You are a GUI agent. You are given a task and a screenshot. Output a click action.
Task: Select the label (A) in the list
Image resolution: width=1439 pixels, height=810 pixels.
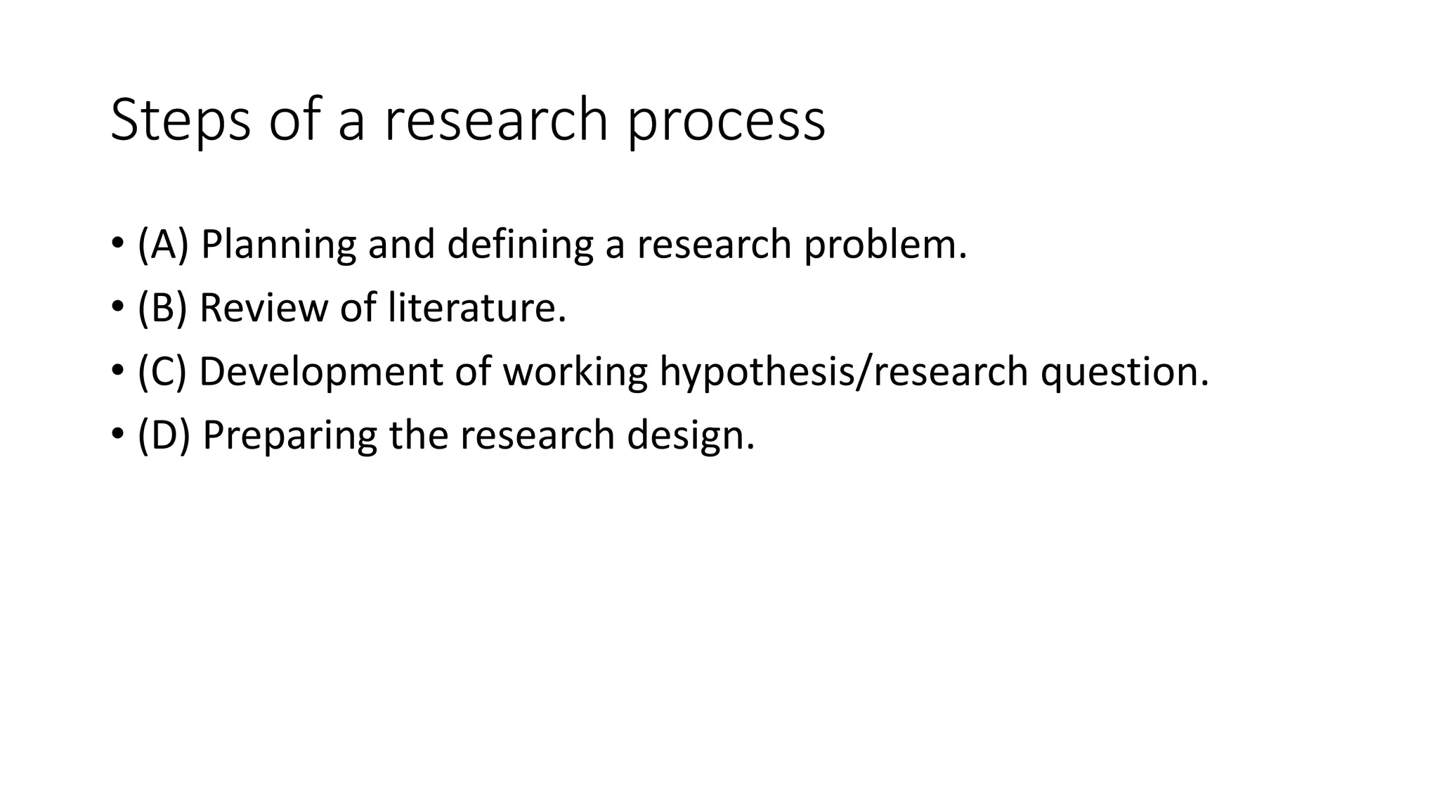[x=163, y=244]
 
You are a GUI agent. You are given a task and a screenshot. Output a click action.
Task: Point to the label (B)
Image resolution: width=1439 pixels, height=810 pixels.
[x=162, y=307]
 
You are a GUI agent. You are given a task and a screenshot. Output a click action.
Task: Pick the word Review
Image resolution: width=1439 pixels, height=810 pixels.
[x=263, y=308]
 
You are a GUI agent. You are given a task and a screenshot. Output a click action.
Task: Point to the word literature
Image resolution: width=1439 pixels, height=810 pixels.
[x=477, y=308]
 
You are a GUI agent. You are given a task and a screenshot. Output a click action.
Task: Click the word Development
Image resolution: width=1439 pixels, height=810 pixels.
[x=321, y=372]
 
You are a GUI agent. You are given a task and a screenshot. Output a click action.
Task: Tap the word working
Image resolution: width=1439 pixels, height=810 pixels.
[x=575, y=372]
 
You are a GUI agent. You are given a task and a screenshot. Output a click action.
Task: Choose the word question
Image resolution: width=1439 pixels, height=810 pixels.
[x=1124, y=372]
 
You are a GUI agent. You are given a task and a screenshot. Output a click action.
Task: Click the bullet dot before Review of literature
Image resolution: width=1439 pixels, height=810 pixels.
[x=117, y=307]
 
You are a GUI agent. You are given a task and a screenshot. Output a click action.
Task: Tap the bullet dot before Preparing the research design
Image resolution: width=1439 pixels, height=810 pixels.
[x=117, y=435]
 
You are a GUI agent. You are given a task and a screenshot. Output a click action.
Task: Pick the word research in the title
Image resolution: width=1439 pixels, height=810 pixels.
[x=495, y=120]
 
